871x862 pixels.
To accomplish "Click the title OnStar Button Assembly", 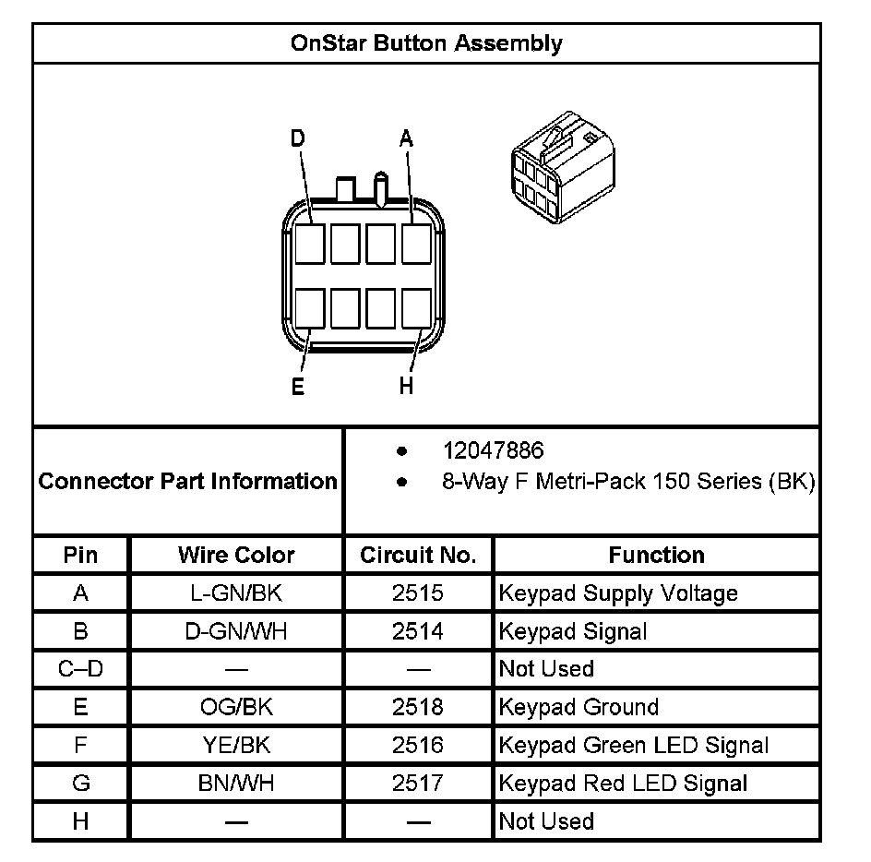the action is tap(425, 43).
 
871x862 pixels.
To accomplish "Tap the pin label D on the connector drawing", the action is tap(297, 138).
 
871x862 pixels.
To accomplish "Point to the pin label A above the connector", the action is tap(406, 138).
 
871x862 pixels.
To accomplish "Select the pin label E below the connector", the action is tap(297, 386).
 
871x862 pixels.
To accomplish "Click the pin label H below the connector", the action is tap(406, 386).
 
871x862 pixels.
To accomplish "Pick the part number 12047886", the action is tap(493, 450).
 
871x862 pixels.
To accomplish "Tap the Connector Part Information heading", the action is tap(188, 481).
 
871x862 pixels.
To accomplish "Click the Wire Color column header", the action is tap(236, 555).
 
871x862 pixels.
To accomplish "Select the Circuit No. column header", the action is tap(418, 555).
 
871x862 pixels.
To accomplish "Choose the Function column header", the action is tap(656, 555).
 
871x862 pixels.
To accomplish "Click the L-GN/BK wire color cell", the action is tap(236, 593).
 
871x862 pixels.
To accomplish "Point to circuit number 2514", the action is tap(418, 631).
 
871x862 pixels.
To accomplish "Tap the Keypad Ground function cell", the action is tap(579, 707).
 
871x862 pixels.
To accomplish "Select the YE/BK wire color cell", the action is tap(236, 745).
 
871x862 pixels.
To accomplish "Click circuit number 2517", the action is tap(418, 784).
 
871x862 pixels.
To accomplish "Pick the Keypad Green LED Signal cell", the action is tap(633, 745).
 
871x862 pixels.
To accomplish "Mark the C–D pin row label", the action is tap(80, 669).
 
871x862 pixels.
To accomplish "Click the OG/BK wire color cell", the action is tap(236, 707).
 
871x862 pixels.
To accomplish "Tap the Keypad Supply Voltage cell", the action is tap(618, 593).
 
